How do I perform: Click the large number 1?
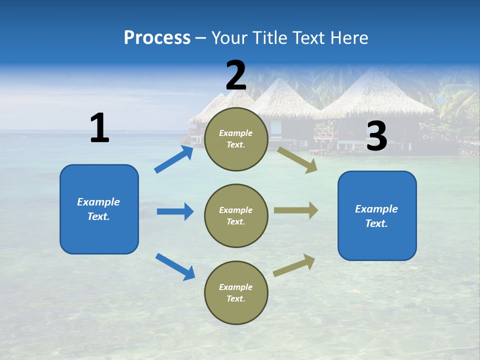(x=99, y=128)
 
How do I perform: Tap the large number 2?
(x=236, y=75)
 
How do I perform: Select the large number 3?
(x=376, y=136)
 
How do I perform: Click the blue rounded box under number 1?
(x=99, y=209)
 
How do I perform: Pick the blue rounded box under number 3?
(x=377, y=215)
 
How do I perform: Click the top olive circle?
(x=236, y=139)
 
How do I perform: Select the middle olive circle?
(x=236, y=215)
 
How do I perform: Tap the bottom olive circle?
(x=236, y=292)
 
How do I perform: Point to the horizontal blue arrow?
(x=175, y=211)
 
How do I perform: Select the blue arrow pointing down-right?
(x=175, y=266)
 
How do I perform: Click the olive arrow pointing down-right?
(x=297, y=159)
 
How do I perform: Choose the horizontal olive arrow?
(x=296, y=210)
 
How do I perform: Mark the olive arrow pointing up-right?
(x=294, y=265)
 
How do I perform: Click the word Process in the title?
(x=157, y=37)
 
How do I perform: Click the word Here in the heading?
(x=349, y=37)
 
